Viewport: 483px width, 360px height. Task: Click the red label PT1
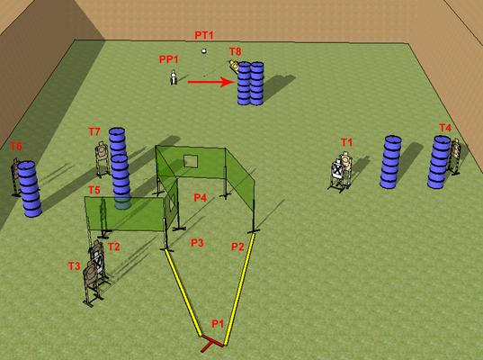[x=204, y=35]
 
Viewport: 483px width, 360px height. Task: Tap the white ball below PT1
[x=203, y=51]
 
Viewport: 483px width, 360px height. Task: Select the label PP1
[x=169, y=59]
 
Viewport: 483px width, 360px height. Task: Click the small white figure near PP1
[x=174, y=77]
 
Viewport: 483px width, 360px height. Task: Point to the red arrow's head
[x=228, y=82]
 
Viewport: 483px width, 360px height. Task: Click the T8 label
[x=236, y=51]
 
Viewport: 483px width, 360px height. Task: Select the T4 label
[x=445, y=128]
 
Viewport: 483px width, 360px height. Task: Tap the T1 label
[x=346, y=142]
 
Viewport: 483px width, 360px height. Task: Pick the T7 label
[x=94, y=132]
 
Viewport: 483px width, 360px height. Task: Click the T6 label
[x=16, y=147]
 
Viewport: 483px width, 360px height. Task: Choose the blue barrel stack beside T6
[x=30, y=189]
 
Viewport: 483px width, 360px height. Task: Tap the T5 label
[x=94, y=190]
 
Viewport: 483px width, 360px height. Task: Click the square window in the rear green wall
[x=191, y=161]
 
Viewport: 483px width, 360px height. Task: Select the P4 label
[x=201, y=197]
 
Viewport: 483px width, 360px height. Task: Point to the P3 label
[x=197, y=243]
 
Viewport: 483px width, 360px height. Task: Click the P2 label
[x=237, y=247]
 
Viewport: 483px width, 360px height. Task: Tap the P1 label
[x=218, y=324]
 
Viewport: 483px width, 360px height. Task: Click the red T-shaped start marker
[x=211, y=344]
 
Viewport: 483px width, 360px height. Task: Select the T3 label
[x=75, y=266]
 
